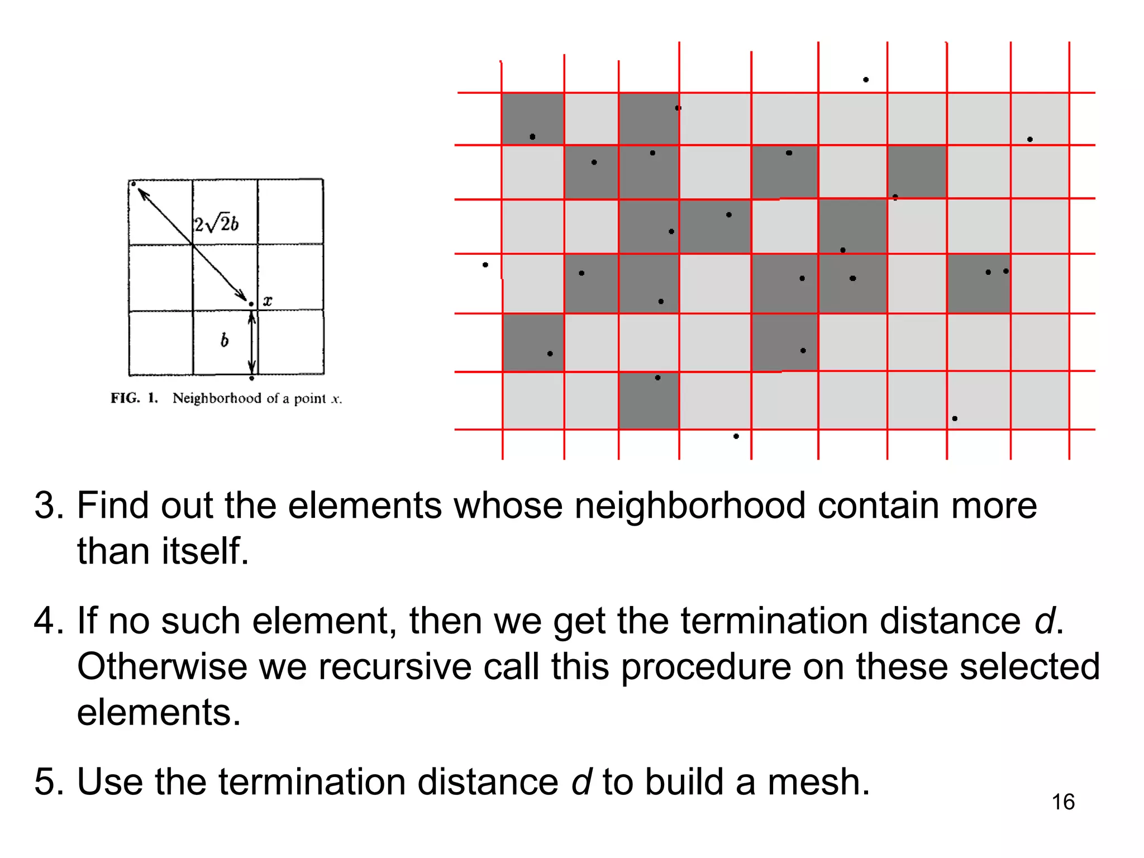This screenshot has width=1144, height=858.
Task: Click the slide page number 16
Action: [1062, 802]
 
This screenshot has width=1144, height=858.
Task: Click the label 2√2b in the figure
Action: [216, 224]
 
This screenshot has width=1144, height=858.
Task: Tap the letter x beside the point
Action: [268, 301]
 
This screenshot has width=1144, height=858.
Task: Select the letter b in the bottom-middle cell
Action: [225, 340]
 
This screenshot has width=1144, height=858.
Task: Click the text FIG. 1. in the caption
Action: [134, 398]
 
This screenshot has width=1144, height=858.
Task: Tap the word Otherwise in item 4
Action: [163, 667]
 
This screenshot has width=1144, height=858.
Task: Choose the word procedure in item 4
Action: [706, 667]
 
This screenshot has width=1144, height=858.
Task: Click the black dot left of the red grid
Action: [485, 265]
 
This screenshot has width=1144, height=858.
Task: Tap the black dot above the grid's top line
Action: [866, 80]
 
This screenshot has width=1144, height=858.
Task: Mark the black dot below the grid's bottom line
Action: [736, 436]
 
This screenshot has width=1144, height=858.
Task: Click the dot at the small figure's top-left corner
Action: [133, 184]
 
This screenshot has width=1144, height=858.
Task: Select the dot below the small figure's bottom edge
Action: [252, 379]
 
